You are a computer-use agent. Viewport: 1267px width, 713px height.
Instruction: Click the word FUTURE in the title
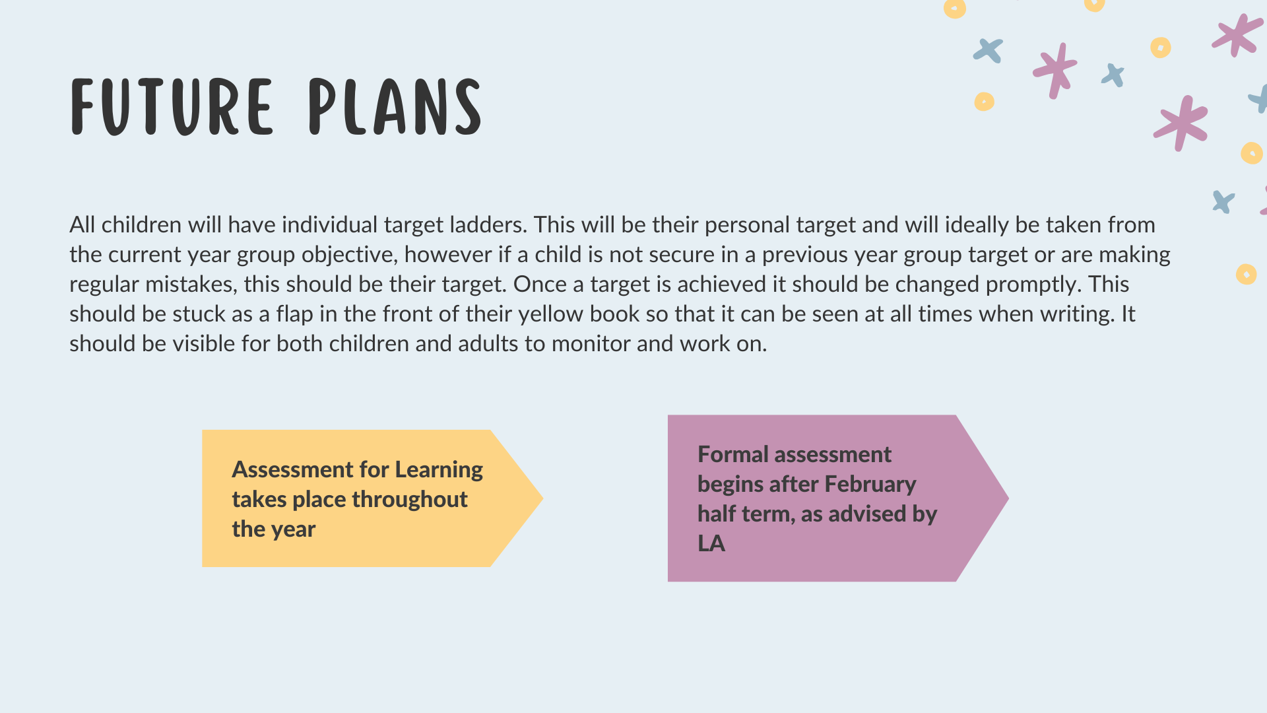click(172, 107)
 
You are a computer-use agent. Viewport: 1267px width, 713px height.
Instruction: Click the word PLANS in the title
click(395, 107)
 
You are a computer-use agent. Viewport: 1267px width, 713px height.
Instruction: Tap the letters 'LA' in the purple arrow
click(711, 543)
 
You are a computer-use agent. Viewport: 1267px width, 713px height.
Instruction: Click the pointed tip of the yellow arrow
click(542, 498)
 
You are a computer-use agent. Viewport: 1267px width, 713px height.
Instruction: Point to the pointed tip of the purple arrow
click(1008, 498)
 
